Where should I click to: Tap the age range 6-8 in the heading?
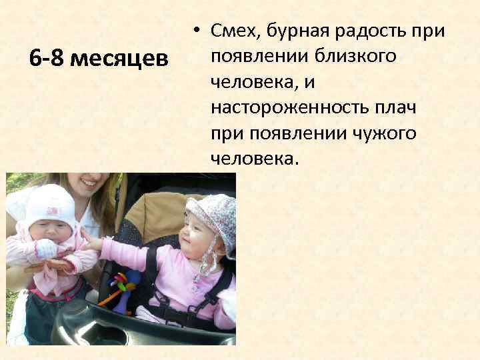click(x=47, y=59)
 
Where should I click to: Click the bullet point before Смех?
click(x=198, y=31)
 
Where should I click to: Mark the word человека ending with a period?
click(x=255, y=158)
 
